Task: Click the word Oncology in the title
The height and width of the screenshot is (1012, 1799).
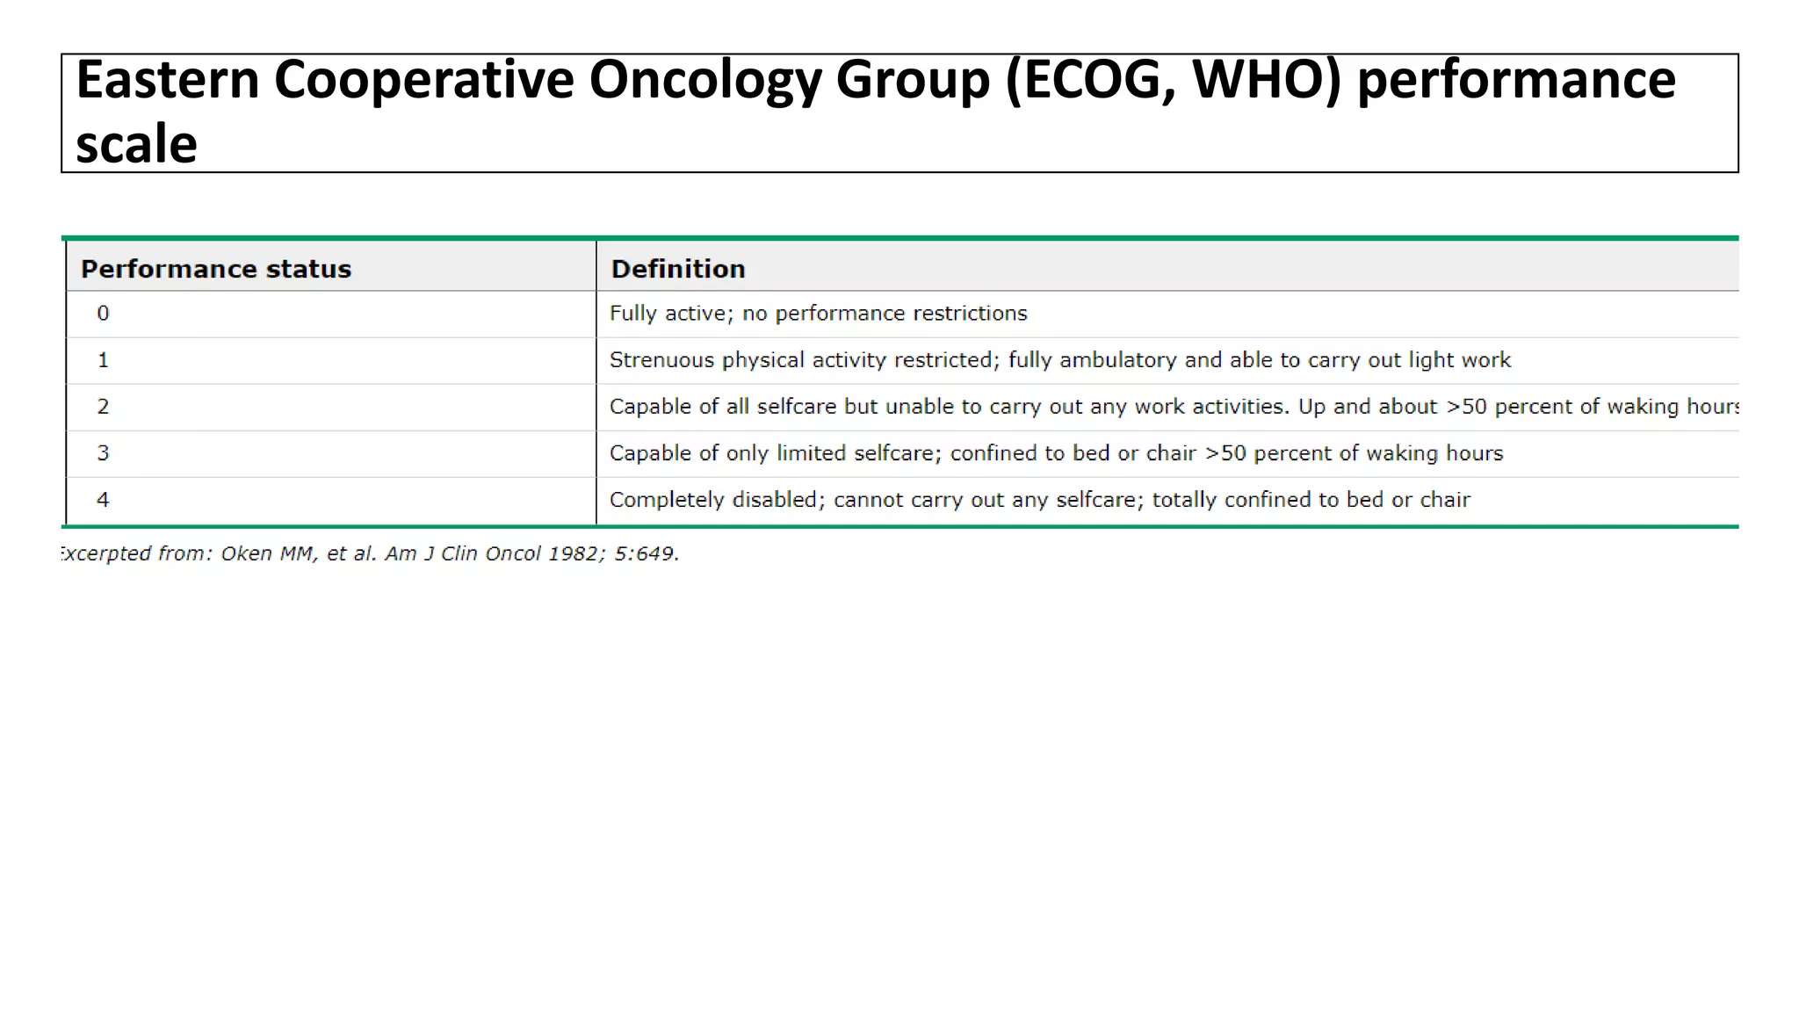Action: [704, 81]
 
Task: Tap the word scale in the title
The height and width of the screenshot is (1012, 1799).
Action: [136, 145]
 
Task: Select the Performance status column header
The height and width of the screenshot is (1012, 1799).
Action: [216, 269]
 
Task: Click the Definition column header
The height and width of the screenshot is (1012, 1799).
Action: [678, 269]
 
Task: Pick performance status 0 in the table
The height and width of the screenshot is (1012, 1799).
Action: [103, 314]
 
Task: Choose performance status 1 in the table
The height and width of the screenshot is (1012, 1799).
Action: [103, 360]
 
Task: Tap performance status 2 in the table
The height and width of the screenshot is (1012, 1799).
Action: [103, 407]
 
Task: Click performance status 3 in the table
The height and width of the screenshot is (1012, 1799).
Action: [103, 453]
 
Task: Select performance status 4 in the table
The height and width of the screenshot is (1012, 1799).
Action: [103, 500]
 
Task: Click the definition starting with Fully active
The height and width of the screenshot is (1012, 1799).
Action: [818, 314]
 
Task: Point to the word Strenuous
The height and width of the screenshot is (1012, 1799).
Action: [661, 360]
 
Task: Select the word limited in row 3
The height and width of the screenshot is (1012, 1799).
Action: [811, 453]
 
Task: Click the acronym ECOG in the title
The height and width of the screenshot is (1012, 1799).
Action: [1088, 81]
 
